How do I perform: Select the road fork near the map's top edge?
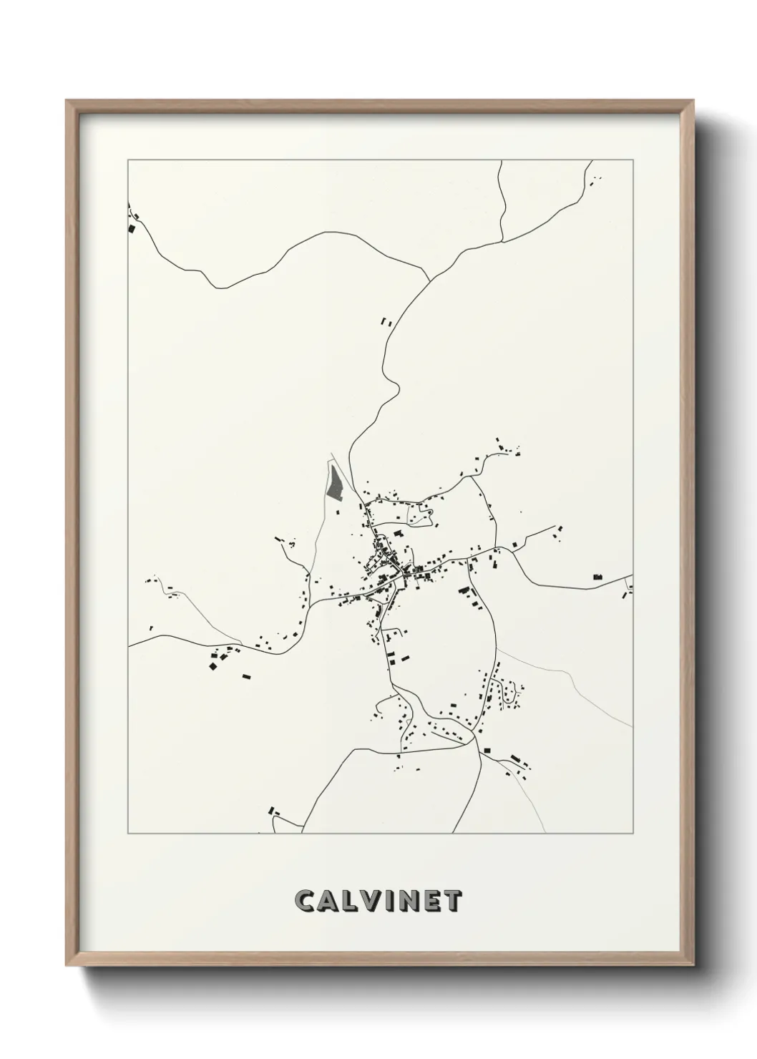pyautogui.click(x=502, y=239)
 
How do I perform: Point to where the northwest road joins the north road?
pyautogui.click(x=428, y=280)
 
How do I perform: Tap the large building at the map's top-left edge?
pyautogui.click(x=131, y=229)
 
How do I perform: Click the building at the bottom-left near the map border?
pyautogui.click(x=271, y=811)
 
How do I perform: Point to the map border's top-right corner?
pyautogui.click(x=633, y=160)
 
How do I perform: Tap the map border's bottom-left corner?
pyautogui.click(x=128, y=834)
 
